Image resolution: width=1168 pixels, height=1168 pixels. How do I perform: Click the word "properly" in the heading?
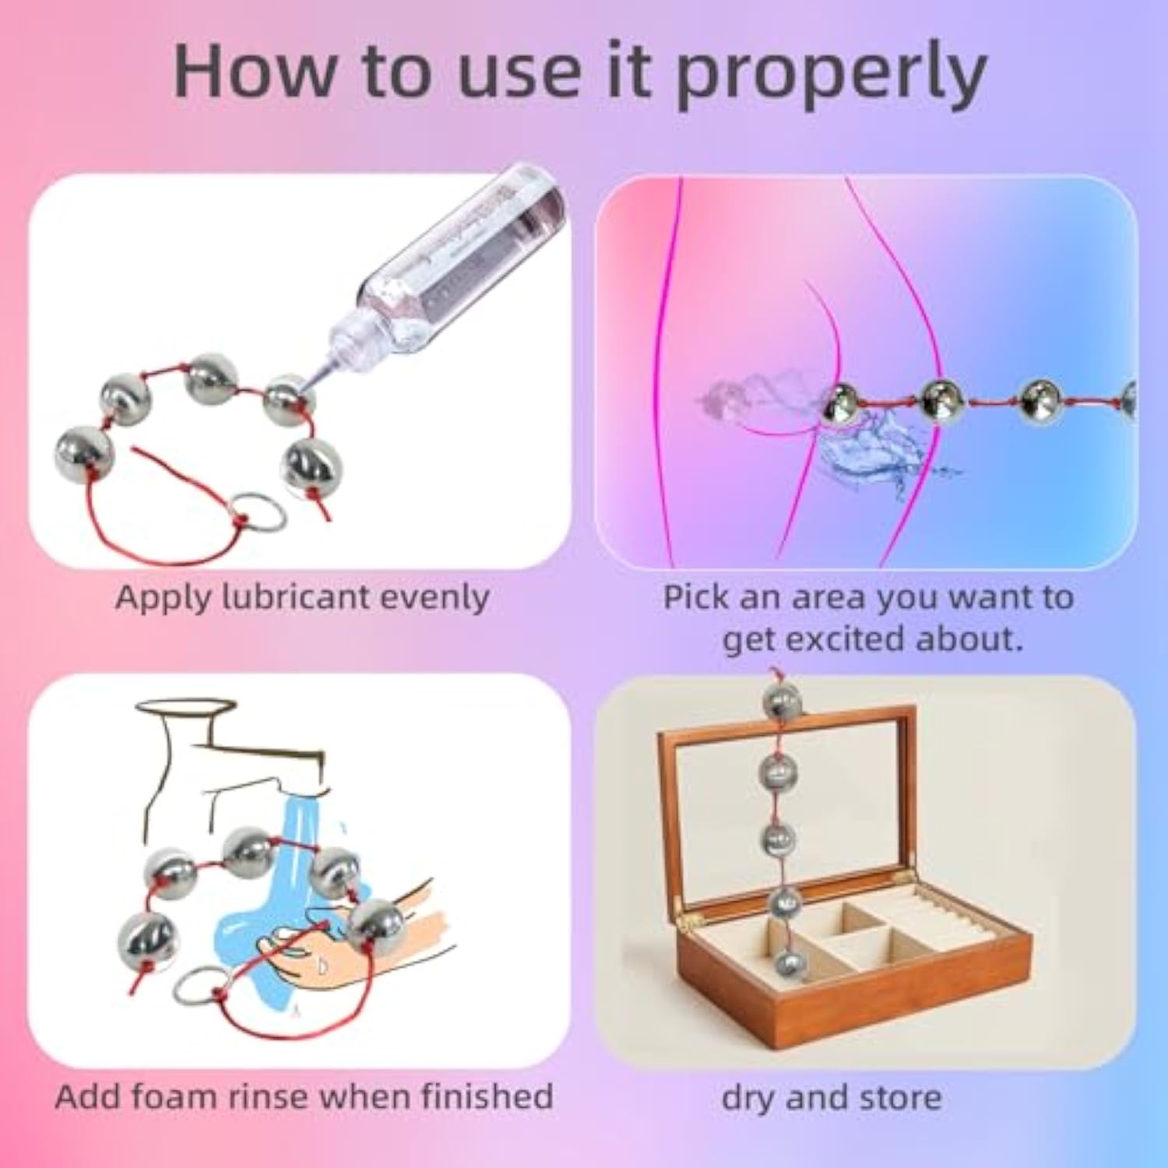pos(831,76)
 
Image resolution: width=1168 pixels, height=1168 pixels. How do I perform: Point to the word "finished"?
pos(487,1096)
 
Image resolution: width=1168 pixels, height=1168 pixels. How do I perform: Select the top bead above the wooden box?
pos(782,703)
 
